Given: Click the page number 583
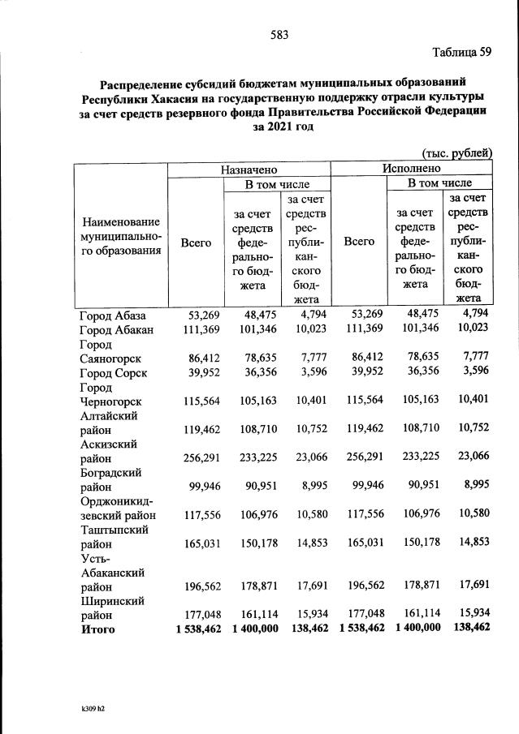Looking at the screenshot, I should click(279, 34).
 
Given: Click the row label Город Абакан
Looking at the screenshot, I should click(118, 329).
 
